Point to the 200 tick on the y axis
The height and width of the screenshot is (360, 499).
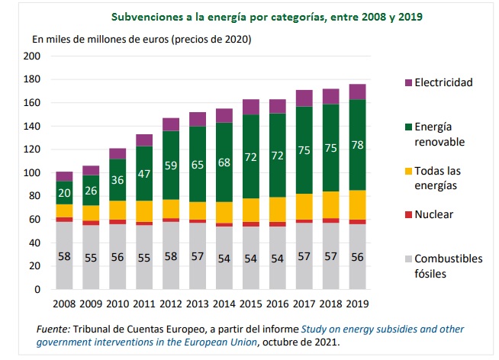pyautogui.click(x=31, y=56)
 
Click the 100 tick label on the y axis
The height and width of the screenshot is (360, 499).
pyautogui.click(x=31, y=173)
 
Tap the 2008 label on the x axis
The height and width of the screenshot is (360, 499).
pyautogui.click(x=64, y=303)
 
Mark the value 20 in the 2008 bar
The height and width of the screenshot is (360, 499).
pyautogui.click(x=64, y=193)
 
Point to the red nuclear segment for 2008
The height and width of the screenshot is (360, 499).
pyautogui.click(x=64, y=220)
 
